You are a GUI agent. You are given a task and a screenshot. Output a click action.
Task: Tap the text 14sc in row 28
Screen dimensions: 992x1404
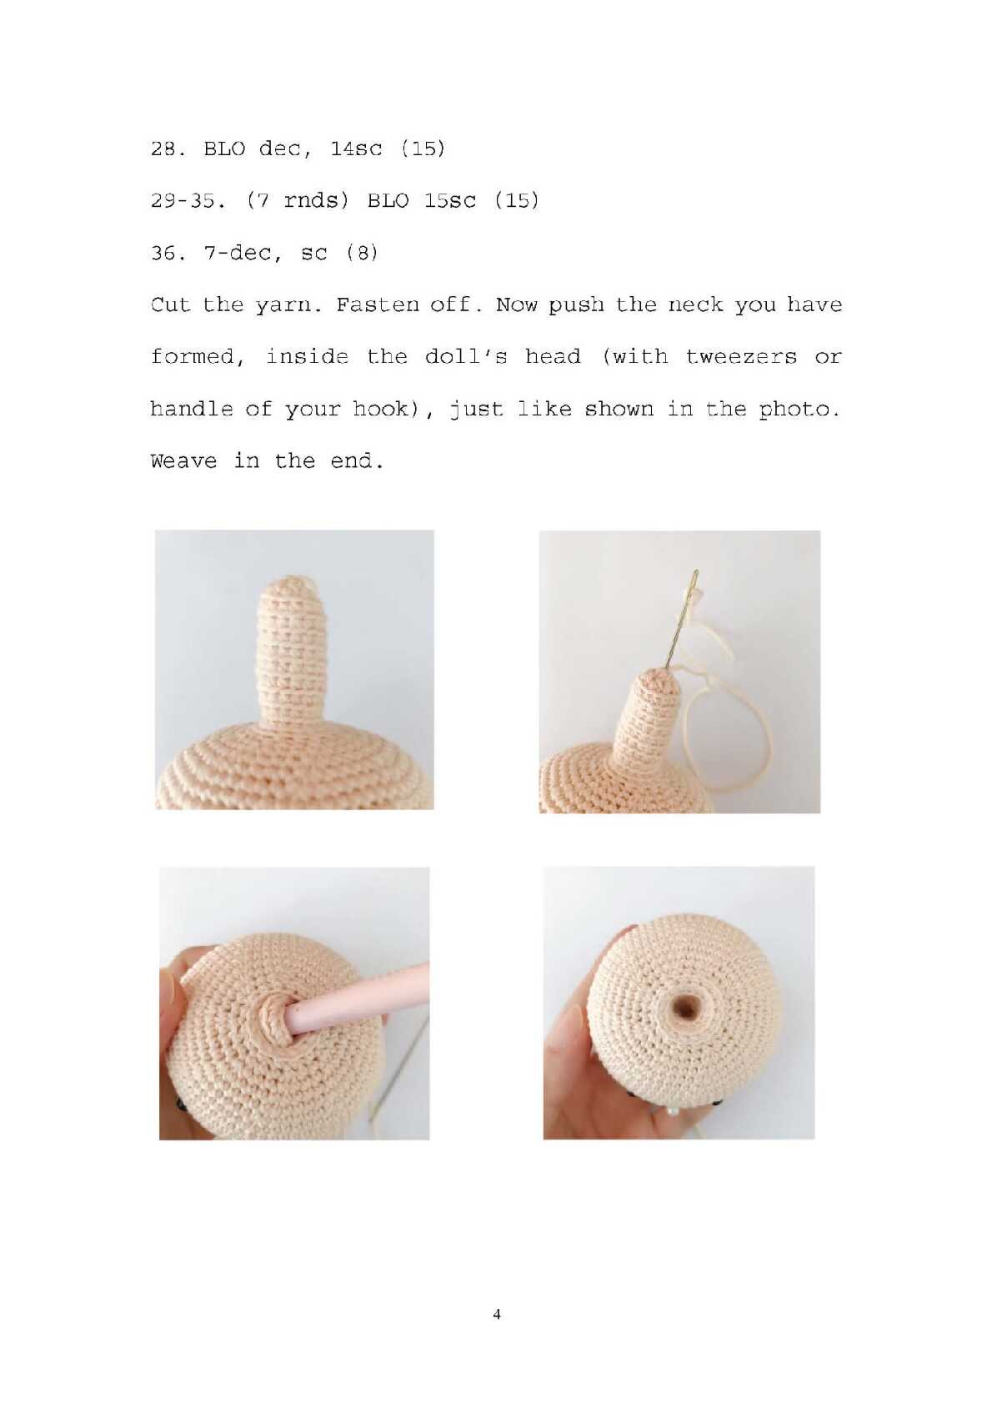[356, 149]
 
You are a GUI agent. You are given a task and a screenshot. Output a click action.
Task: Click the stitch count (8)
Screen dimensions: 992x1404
[362, 254]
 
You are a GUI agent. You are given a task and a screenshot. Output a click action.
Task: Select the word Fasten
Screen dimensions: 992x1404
[376, 305]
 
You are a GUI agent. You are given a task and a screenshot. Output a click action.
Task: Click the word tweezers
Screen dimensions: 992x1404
[741, 357]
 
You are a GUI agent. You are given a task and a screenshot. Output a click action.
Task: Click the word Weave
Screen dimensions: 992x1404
[183, 461]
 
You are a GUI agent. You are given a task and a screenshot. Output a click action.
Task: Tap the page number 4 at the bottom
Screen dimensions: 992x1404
[497, 1314]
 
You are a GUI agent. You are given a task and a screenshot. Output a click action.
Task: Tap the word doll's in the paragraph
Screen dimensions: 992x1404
[466, 357]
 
